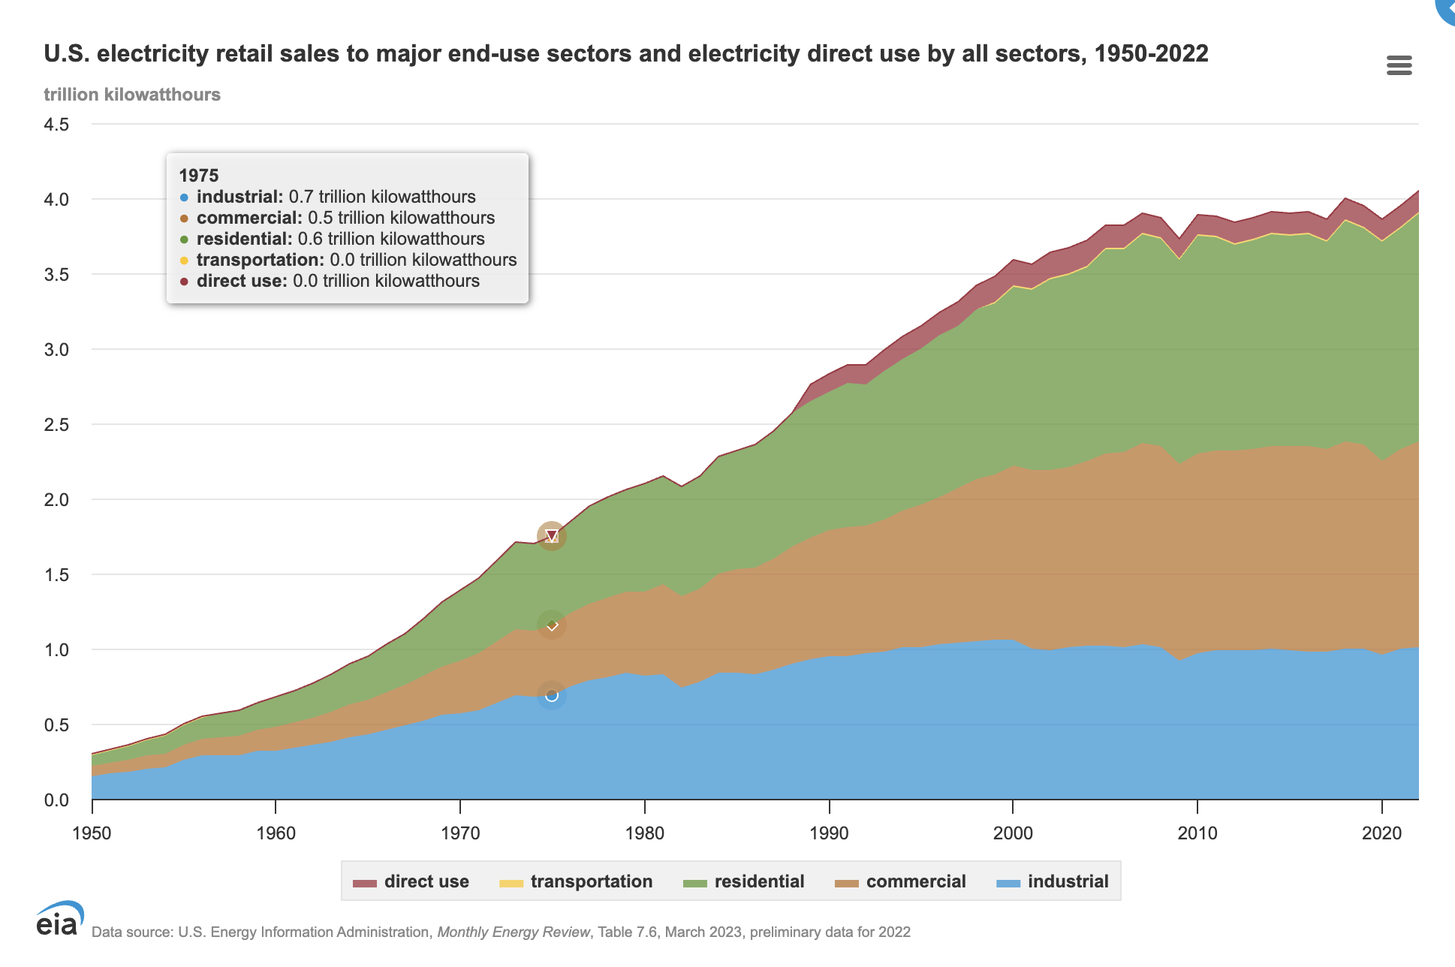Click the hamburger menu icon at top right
[1399, 65]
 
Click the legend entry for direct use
[411, 881]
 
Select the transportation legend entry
[577, 881]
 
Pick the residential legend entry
[744, 881]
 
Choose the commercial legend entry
[901, 881]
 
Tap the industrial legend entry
[1053, 881]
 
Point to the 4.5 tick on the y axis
[56, 125]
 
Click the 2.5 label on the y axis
[56, 425]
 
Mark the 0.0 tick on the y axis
[56, 800]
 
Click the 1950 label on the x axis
[92, 833]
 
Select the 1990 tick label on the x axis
[829, 833]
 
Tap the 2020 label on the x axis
[1381, 833]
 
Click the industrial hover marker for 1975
[552, 695]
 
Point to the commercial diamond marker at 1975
[552, 625]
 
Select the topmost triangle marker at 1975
[552, 536]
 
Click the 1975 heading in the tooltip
[199, 176]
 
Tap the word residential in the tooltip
[244, 239]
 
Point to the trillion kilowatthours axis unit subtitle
[132, 95]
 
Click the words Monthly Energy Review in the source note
[514, 932]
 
